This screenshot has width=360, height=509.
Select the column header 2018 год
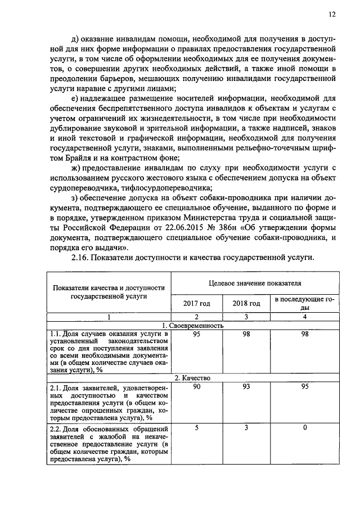(246, 303)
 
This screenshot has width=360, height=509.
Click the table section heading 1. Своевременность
(193, 326)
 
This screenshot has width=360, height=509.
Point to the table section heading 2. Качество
(193, 378)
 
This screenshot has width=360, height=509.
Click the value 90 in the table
(197, 387)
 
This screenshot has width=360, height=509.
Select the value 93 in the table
(246, 387)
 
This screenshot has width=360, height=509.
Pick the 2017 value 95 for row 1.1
(197, 334)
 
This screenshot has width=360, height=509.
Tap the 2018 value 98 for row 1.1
(246, 334)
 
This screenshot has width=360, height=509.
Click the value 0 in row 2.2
(304, 428)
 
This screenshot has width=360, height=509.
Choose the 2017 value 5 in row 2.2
(197, 428)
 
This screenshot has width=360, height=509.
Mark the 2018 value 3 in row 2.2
(246, 428)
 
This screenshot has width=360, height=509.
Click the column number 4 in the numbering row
(304, 317)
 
